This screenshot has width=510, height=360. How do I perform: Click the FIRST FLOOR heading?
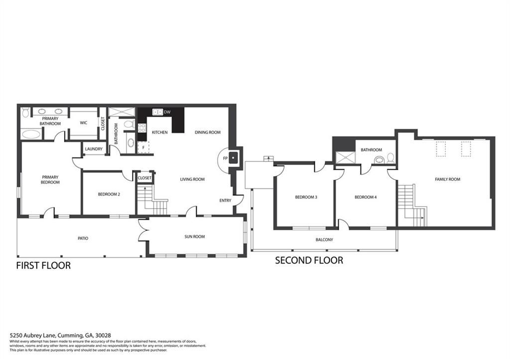pos(43,265)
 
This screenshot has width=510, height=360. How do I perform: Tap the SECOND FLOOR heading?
pos(309,260)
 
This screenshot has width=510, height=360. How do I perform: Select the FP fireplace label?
pos(225,159)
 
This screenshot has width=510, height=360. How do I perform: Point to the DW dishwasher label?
pos(167,112)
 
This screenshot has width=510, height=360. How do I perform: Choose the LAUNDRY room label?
pos(94,149)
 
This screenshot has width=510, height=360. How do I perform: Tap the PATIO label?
pos(83,238)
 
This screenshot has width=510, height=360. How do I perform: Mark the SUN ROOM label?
pos(194,237)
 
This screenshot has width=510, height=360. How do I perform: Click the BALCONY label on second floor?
pos(324,240)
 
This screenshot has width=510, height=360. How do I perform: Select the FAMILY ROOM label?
pos(447,179)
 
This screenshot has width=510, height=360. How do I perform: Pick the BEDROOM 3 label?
pos(306,197)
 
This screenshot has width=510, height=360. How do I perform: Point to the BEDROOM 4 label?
pos(365,197)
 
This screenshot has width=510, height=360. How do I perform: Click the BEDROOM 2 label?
pos(109,194)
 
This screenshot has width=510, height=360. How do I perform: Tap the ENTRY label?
pos(225,201)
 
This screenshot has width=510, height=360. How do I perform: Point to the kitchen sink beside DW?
pos(158,112)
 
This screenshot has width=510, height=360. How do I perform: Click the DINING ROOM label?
pos(207,132)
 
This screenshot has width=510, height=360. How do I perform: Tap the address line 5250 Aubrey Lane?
pos(60,336)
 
